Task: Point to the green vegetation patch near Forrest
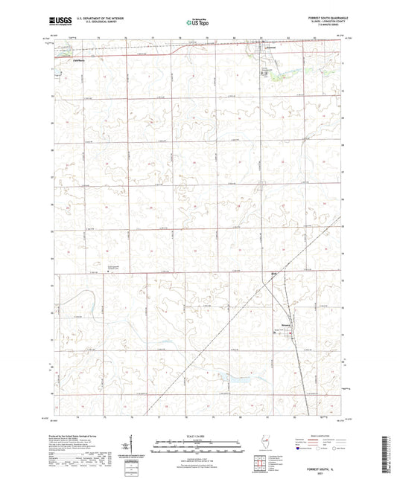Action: (276, 74)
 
